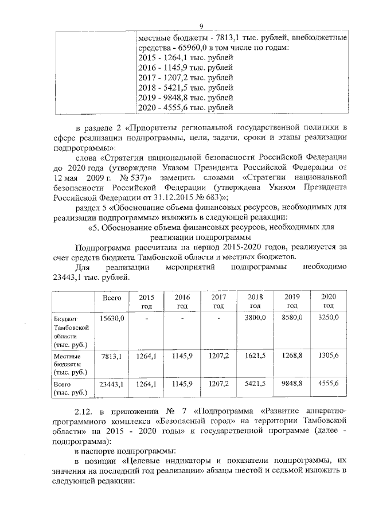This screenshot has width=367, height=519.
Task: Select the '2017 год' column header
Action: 218,301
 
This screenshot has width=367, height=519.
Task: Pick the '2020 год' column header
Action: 328,301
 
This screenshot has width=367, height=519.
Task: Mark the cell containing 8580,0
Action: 292,318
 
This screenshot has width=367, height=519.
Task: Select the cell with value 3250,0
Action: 329,318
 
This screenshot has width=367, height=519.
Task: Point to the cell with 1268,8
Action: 292,356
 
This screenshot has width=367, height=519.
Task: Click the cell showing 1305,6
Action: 329,356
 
